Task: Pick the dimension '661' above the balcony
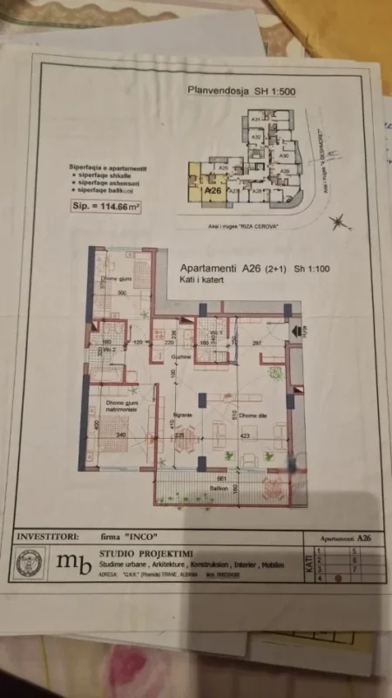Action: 221,478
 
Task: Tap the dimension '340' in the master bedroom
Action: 122,436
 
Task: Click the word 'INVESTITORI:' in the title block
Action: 51,536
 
